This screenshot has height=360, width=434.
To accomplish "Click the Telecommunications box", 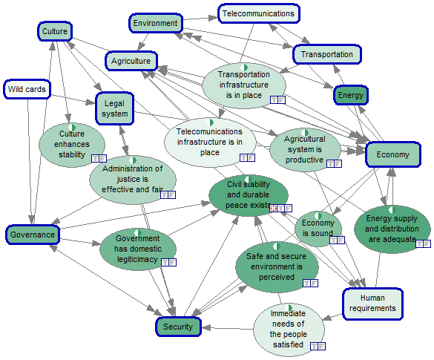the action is [x=259, y=13].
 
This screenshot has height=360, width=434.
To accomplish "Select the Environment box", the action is [x=156, y=23].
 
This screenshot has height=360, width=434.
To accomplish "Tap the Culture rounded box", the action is [x=55, y=31].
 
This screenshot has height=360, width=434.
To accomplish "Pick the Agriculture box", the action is [x=131, y=61].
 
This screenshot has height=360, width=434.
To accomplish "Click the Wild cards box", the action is [x=27, y=89].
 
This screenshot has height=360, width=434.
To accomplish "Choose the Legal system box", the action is [x=114, y=108].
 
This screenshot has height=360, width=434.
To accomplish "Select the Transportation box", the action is [x=327, y=54].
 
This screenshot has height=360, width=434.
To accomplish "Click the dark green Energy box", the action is [x=351, y=95].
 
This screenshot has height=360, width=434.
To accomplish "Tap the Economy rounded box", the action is [x=393, y=154].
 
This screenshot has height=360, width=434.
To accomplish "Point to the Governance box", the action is [x=33, y=235].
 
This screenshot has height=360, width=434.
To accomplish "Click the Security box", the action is [x=178, y=327].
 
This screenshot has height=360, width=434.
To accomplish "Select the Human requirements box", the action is [x=372, y=304].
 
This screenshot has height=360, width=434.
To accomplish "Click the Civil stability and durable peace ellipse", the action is [x=249, y=195].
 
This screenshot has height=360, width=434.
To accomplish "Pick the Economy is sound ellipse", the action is [x=318, y=229].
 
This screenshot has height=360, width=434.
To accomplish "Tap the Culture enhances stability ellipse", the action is [x=72, y=145].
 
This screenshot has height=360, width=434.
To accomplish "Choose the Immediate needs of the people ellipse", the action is [x=289, y=330].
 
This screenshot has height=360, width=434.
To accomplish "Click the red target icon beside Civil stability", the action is [x=273, y=208].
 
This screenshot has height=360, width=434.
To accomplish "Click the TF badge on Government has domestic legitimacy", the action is [x=168, y=262].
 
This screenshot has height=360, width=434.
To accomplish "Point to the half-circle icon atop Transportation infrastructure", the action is [x=244, y=68].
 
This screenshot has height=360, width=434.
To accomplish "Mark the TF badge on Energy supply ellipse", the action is [x=424, y=243].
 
